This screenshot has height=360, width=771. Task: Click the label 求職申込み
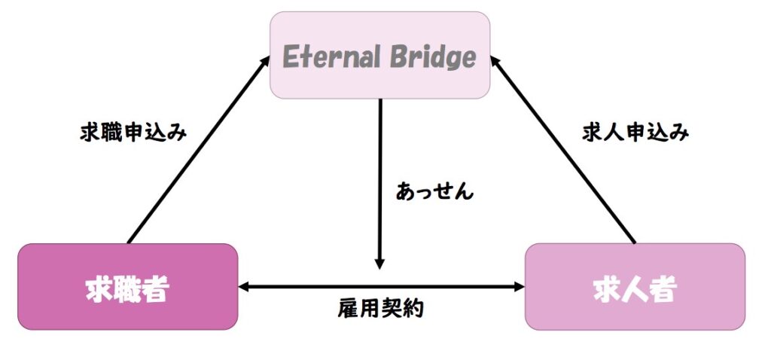[133, 133]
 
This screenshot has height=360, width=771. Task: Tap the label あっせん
[434, 191]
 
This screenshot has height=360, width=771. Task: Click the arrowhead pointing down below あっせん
[379, 263]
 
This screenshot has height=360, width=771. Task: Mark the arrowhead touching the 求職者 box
[243, 286]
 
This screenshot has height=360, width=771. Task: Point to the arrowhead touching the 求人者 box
[519, 286]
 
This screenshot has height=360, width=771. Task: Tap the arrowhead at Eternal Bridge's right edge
[496, 59]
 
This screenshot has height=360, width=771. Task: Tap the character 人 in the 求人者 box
[635, 289]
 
